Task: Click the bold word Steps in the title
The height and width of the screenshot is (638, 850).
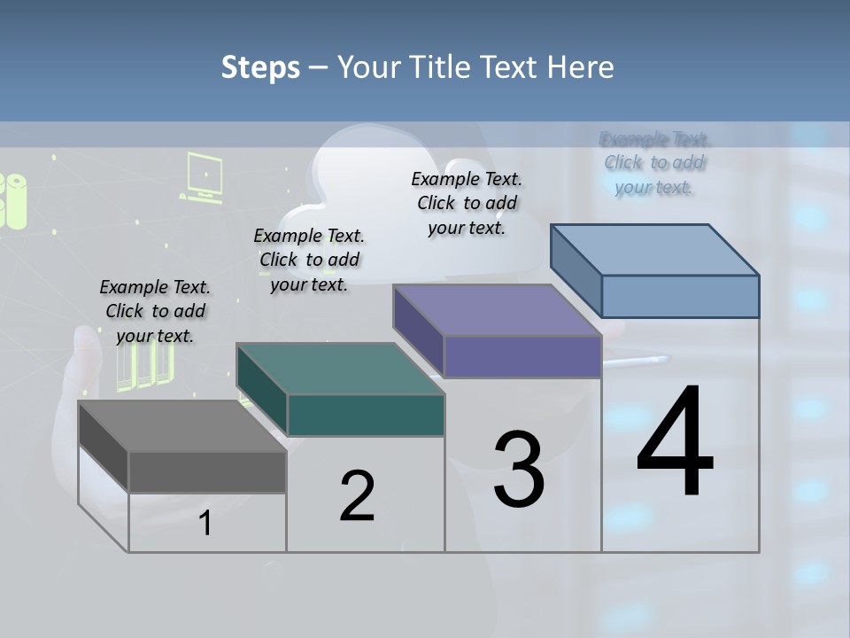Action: click(260, 67)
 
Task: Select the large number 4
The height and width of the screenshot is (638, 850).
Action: click(675, 442)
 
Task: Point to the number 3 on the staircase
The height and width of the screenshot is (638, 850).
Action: click(519, 470)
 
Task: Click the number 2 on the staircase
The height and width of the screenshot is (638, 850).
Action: click(358, 496)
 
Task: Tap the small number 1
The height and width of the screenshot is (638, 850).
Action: click(205, 524)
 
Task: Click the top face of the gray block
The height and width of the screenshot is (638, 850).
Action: click(182, 425)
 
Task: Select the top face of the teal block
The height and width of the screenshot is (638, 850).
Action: click(340, 369)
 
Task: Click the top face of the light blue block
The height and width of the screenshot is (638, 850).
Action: click(655, 250)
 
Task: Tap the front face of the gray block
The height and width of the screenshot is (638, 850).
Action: click(207, 471)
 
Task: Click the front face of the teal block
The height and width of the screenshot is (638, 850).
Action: click(366, 415)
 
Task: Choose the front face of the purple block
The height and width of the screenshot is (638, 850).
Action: click(522, 356)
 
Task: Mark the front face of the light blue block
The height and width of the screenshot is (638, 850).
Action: click(680, 296)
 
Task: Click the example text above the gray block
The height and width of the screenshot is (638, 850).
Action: click(155, 311)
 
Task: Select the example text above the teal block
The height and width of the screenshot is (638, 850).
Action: click(309, 260)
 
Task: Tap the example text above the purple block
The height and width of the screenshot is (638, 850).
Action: click(467, 203)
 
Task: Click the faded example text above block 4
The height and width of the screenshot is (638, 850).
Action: click(654, 163)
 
